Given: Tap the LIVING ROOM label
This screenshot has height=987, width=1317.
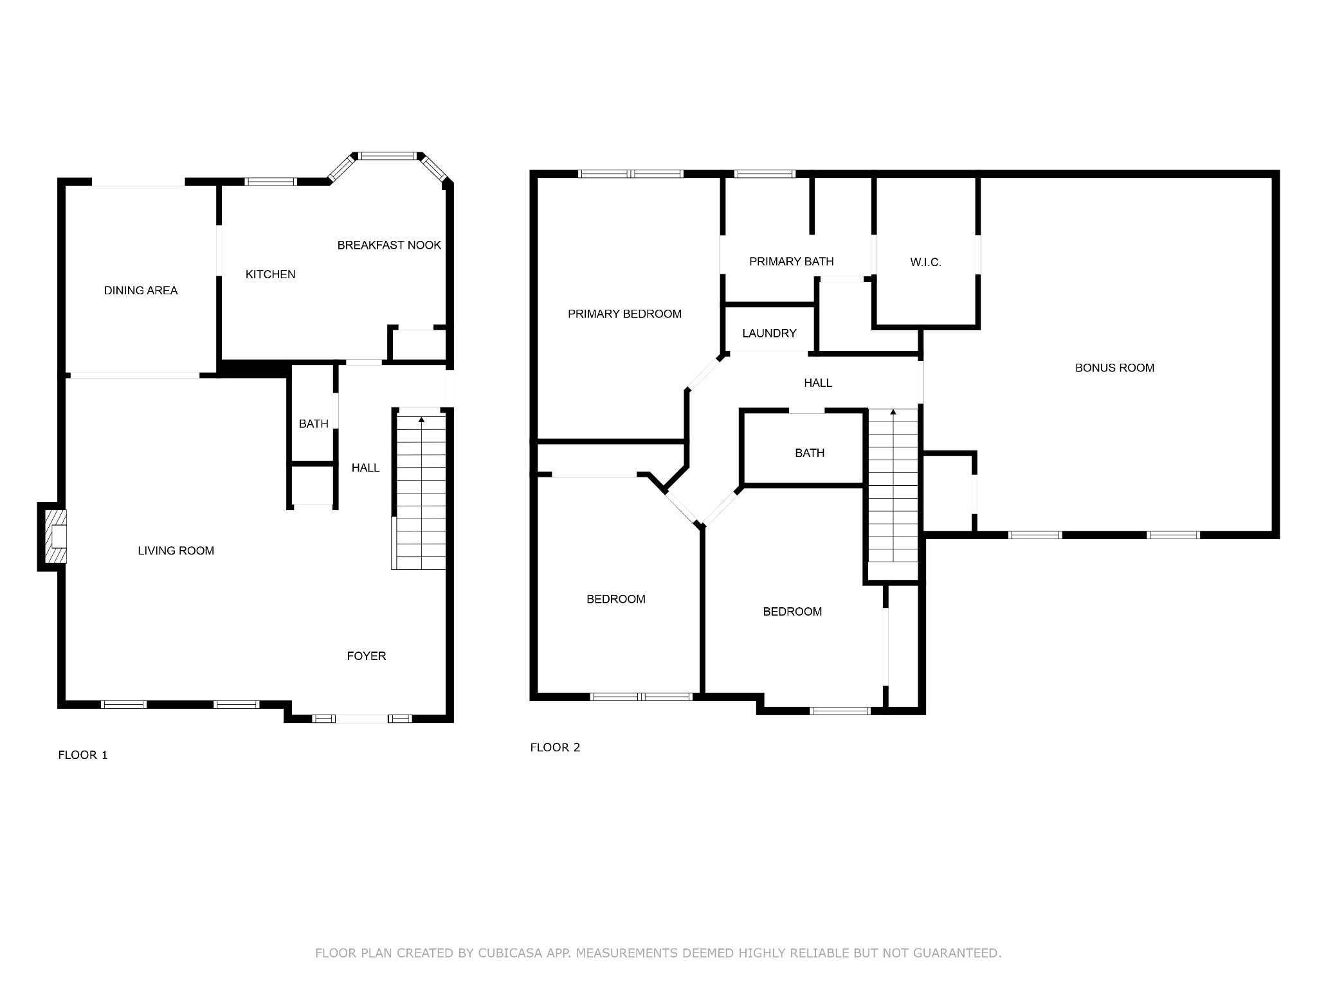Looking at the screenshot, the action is (x=176, y=551).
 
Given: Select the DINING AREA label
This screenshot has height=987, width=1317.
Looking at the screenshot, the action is (x=141, y=290).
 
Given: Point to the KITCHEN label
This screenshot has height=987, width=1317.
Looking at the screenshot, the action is (x=271, y=274).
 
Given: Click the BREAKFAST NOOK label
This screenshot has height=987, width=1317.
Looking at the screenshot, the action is (x=389, y=245).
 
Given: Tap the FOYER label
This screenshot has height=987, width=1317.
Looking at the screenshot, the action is (x=367, y=656).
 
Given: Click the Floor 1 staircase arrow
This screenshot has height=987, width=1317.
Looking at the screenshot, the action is (x=422, y=420).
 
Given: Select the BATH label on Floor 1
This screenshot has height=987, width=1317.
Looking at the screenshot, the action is (x=314, y=424).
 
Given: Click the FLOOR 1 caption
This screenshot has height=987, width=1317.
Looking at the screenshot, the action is (x=83, y=755).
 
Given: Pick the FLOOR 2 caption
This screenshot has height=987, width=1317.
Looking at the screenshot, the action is (x=555, y=747).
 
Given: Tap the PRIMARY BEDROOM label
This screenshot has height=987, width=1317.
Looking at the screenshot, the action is (x=624, y=314).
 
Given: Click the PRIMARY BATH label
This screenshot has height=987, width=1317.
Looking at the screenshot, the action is (x=792, y=262).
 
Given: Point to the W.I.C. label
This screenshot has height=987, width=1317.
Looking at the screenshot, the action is (x=926, y=262).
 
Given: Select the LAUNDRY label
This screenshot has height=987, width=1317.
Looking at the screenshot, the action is (x=769, y=333).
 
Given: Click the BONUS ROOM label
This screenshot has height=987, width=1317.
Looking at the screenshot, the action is (x=1115, y=368).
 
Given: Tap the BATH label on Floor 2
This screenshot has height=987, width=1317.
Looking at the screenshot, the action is (x=810, y=453).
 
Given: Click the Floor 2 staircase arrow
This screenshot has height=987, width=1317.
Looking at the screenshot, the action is (x=893, y=412).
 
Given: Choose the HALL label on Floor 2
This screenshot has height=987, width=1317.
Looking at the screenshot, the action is (x=818, y=383).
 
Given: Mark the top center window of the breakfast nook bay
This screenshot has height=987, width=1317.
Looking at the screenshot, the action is (x=387, y=156).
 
